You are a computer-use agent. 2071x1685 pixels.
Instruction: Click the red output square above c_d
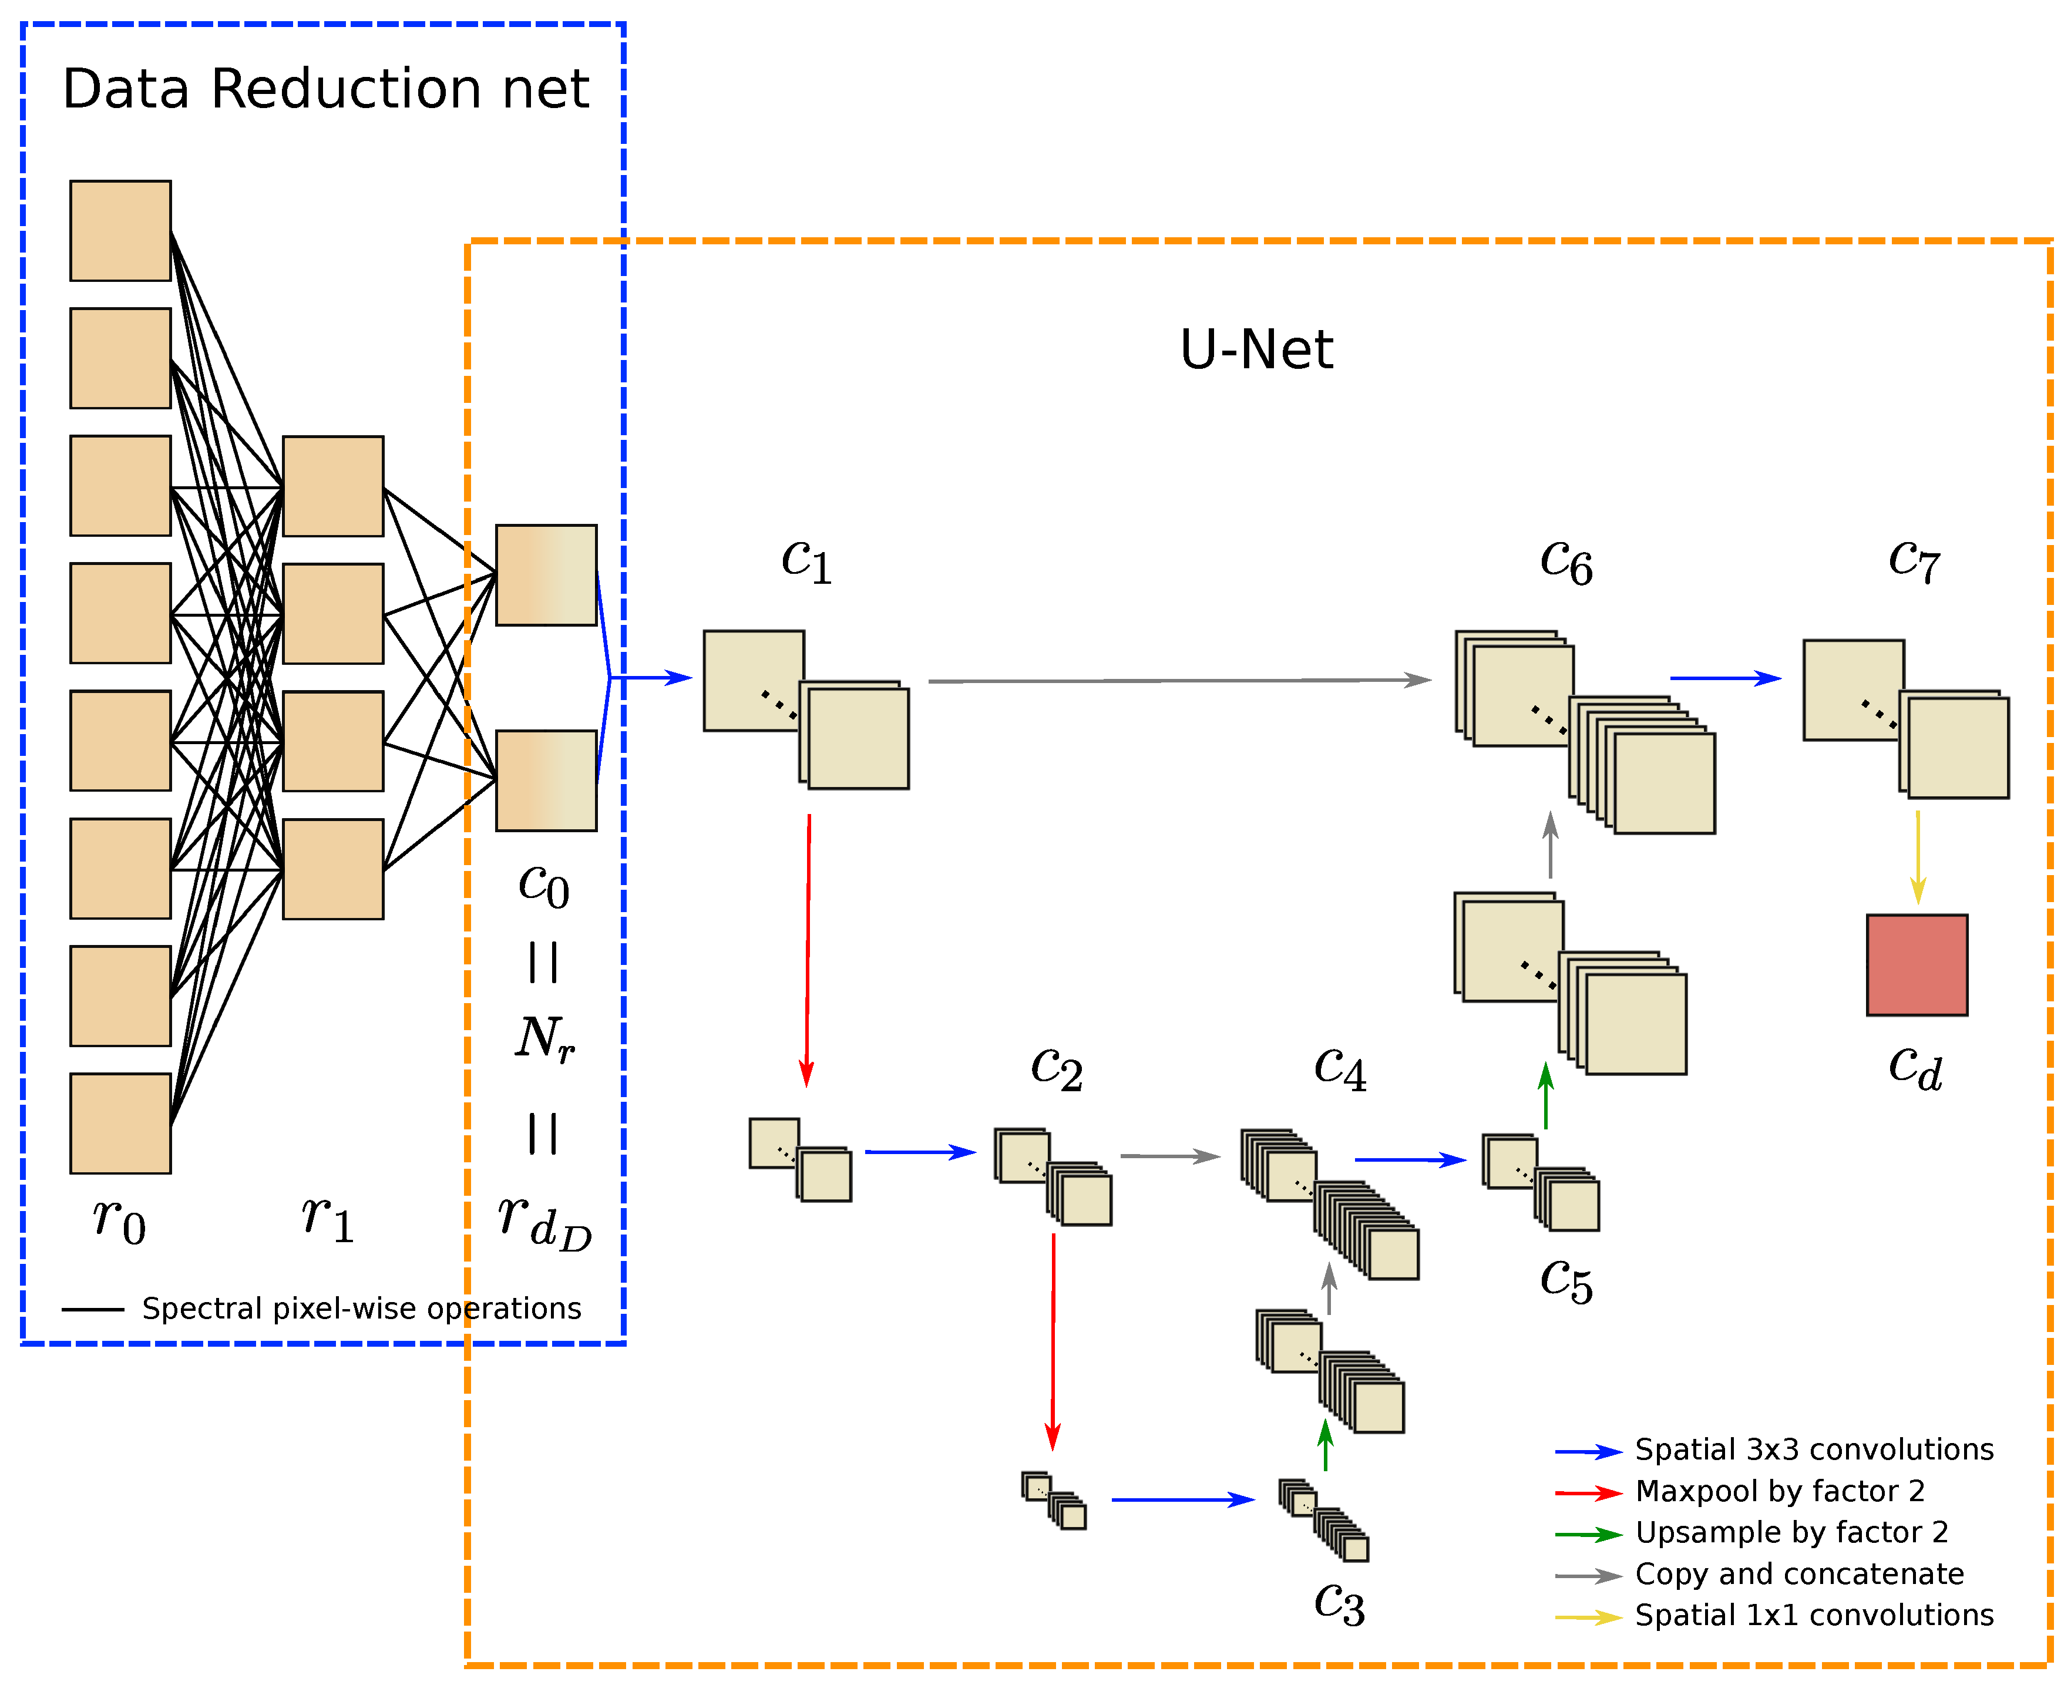1917,965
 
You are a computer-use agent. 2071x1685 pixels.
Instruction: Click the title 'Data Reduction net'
325,89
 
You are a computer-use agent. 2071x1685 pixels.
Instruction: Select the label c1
806,560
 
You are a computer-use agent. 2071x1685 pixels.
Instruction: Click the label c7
1914,560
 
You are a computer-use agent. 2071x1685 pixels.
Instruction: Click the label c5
1565,1280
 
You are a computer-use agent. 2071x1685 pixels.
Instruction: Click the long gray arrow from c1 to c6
1179,681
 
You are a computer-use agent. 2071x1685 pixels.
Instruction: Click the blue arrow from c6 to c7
1724,678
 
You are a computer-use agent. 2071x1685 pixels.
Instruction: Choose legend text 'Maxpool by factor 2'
1780,1491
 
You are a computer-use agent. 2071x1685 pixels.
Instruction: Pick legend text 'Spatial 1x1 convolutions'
1814,1615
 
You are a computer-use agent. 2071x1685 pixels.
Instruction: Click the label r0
119,1220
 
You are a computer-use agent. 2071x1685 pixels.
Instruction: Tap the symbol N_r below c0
544,1038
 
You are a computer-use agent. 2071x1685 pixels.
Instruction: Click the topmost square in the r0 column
120,230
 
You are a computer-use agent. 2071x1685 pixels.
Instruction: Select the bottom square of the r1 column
333,869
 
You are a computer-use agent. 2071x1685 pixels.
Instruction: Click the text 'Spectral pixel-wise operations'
361,1309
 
